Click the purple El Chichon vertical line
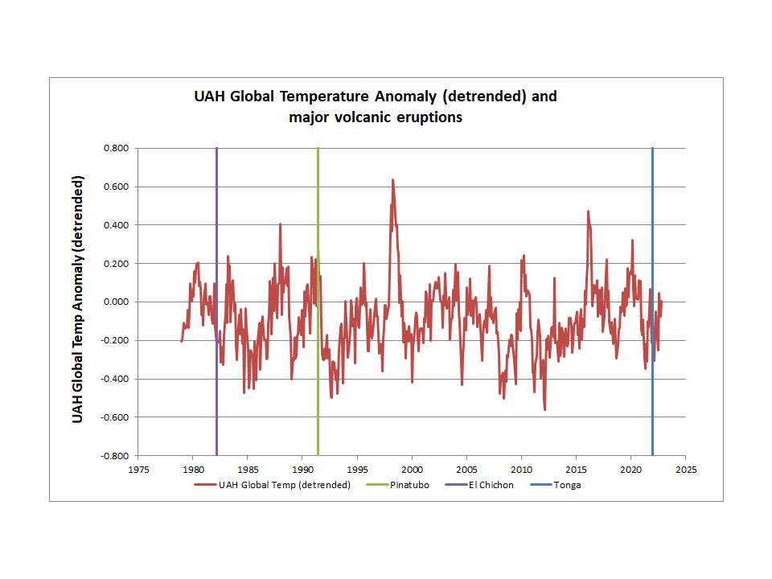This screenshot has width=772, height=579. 216,241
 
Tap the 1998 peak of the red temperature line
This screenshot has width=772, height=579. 392,180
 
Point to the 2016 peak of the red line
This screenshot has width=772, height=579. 588,211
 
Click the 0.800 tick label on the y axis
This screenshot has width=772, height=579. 116,148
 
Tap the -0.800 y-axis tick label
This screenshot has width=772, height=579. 114,456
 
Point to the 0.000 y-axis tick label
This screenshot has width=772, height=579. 116,302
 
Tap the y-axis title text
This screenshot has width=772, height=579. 78,301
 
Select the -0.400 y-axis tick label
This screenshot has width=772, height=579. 114,380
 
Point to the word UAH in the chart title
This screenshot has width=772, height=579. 211,97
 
